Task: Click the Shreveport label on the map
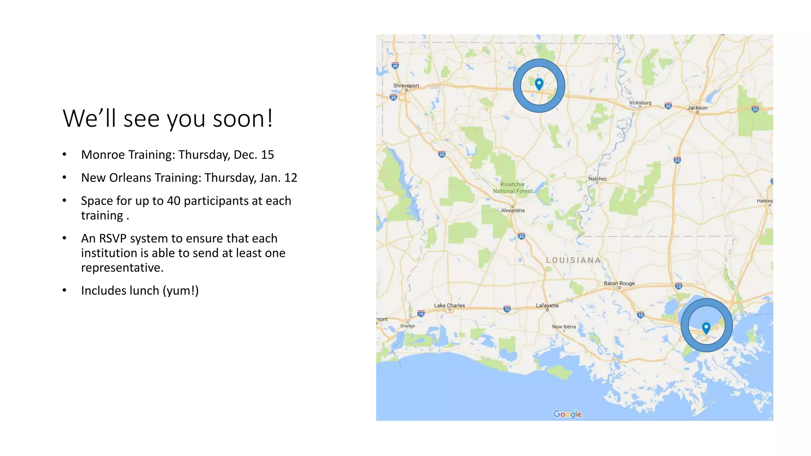point(406,85)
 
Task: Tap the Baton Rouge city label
point(619,283)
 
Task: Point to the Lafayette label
point(547,305)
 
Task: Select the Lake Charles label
point(449,305)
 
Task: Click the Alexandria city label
point(513,210)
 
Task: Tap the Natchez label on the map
point(597,179)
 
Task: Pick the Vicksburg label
point(640,103)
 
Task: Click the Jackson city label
point(697,108)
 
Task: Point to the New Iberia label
point(564,327)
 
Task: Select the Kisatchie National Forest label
point(512,188)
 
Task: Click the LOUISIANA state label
point(573,260)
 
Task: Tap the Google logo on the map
point(567,414)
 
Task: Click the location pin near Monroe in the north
point(539,84)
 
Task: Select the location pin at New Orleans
point(706,327)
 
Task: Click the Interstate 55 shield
point(677,160)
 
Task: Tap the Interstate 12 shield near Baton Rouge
point(678,286)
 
